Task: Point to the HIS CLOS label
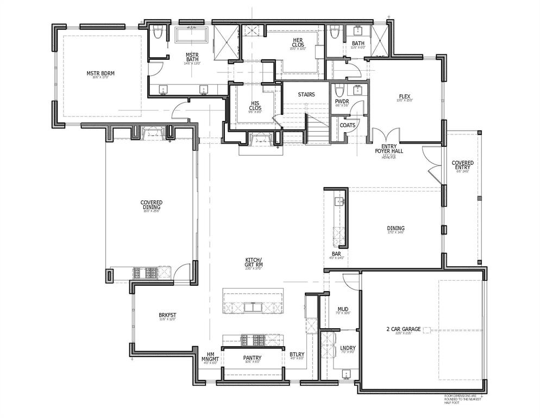pyautogui.click(x=255, y=105)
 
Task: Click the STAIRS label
pyautogui.click(x=306, y=94)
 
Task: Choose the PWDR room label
pyautogui.click(x=342, y=102)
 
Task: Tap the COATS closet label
pyautogui.click(x=347, y=125)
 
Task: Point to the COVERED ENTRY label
pyautogui.click(x=462, y=165)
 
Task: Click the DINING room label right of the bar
pyautogui.click(x=395, y=229)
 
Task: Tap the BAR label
pyautogui.click(x=336, y=254)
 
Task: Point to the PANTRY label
pyautogui.click(x=252, y=358)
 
